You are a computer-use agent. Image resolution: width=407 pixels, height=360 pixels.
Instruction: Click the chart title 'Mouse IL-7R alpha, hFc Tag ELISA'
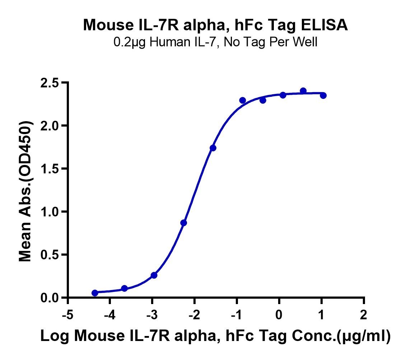(x=215, y=25)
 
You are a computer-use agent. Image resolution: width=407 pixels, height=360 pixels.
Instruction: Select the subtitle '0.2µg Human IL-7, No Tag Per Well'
(x=215, y=42)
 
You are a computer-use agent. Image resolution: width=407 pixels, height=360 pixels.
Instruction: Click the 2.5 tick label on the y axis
(x=50, y=83)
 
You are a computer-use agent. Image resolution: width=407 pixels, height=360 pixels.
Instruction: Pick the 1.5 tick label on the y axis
(x=50, y=169)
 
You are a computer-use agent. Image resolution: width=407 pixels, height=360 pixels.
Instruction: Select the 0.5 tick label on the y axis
(x=50, y=255)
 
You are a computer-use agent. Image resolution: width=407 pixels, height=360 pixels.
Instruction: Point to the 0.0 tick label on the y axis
(x=50, y=298)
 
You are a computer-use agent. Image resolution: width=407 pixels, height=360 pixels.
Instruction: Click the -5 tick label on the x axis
(x=68, y=315)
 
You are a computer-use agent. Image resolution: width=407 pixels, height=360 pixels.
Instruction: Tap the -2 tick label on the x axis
(x=195, y=315)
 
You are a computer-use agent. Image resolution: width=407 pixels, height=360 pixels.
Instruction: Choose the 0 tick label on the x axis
(x=279, y=315)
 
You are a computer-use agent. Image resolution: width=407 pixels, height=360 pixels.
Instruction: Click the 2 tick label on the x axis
(x=364, y=315)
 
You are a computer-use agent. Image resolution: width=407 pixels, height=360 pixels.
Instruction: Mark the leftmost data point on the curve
(x=95, y=293)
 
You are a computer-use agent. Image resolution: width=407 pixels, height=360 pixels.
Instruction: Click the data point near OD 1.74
(x=213, y=148)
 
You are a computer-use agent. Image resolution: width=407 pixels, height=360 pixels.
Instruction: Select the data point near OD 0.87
(x=183, y=223)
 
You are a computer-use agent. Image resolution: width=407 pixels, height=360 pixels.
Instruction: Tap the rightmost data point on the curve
(x=323, y=95)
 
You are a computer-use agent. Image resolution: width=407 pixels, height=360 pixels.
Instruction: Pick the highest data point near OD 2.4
(x=303, y=91)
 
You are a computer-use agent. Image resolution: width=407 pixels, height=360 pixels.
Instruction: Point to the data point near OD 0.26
(x=154, y=275)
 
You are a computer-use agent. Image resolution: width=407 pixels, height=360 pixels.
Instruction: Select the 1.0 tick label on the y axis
(x=50, y=212)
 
